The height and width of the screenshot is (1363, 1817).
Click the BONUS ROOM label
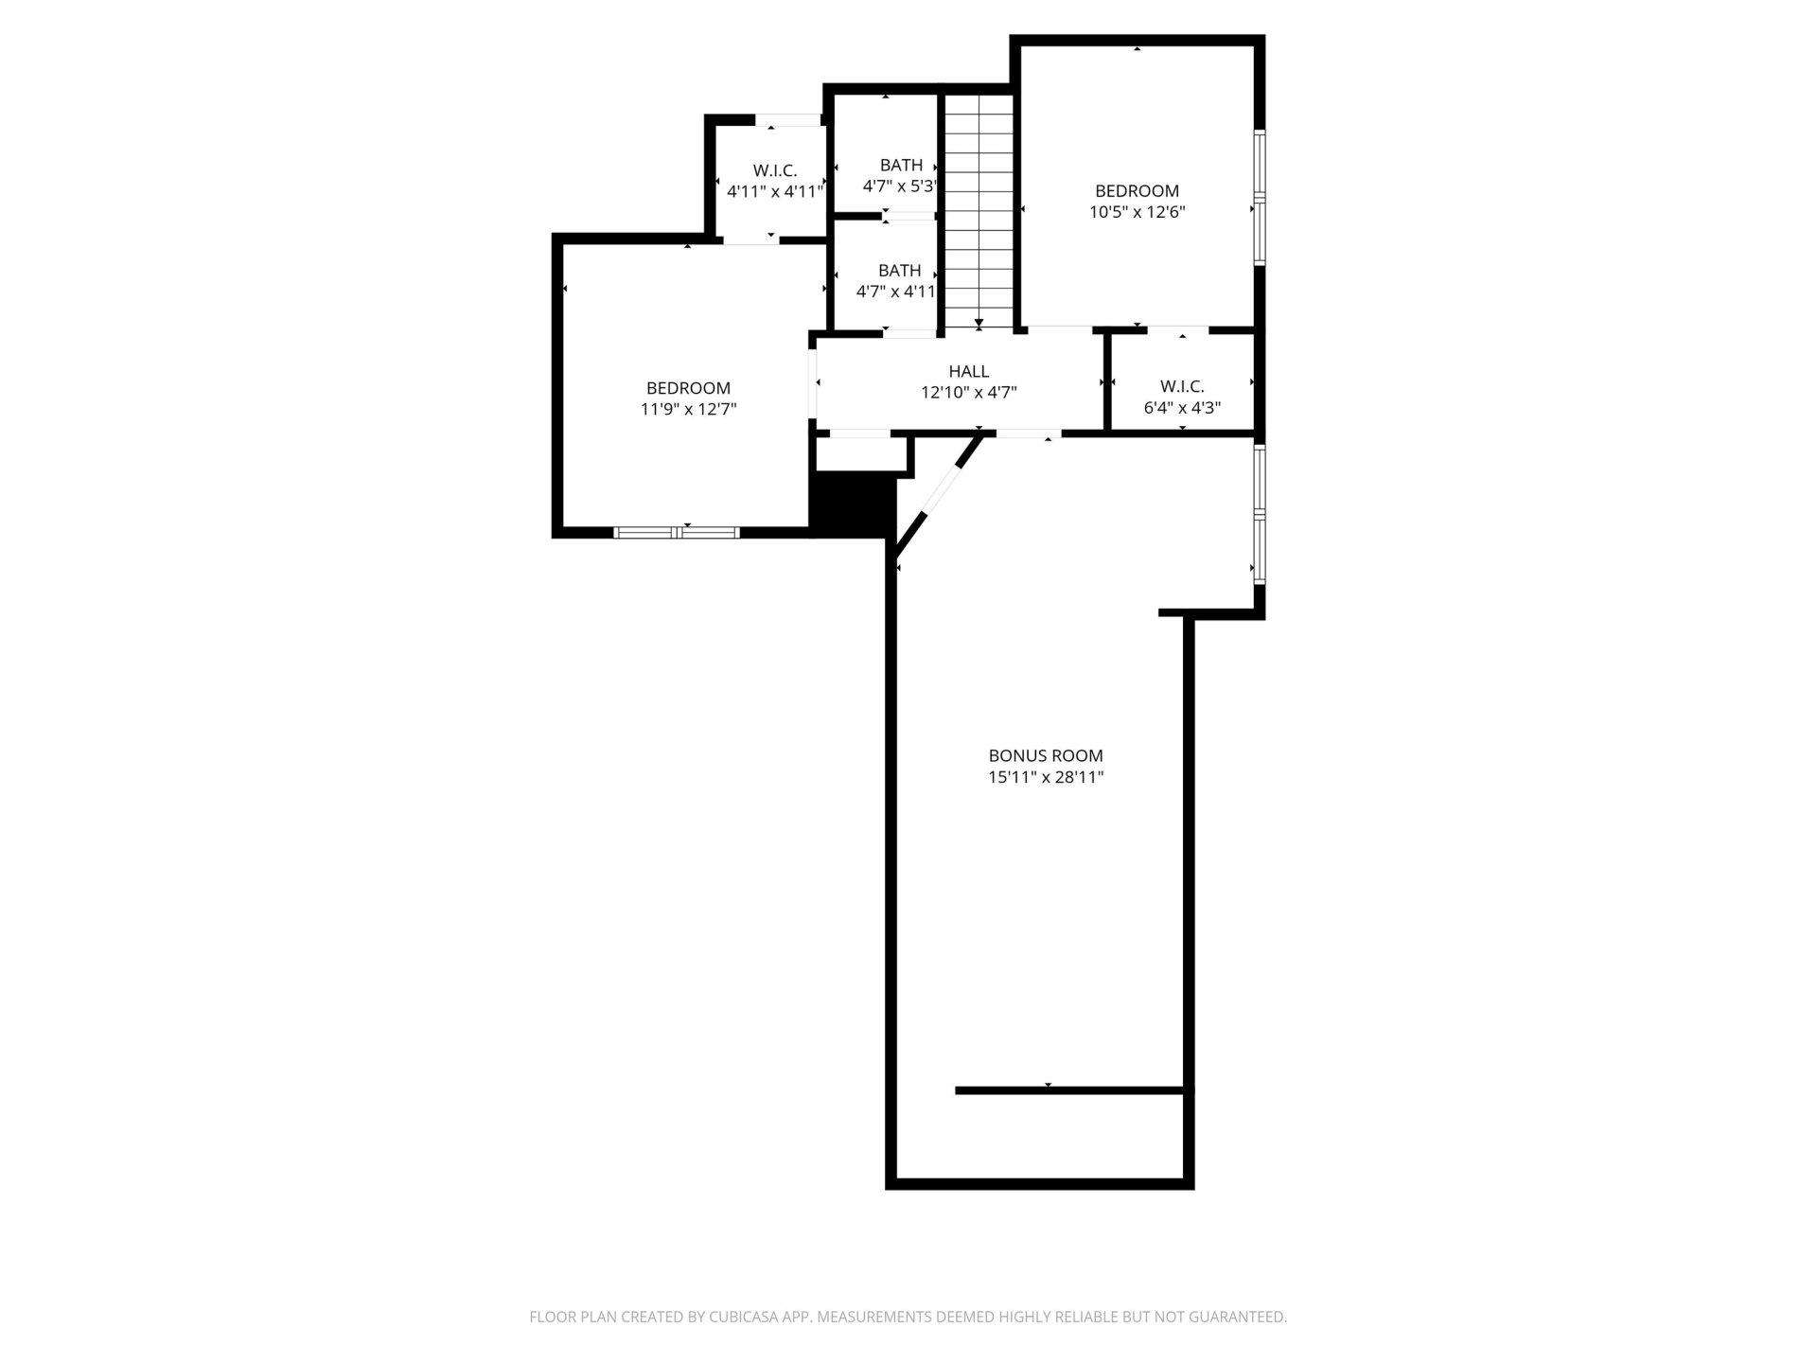[1046, 755]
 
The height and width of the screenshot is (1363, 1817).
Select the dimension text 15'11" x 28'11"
[1046, 778]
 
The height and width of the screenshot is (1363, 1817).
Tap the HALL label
[968, 372]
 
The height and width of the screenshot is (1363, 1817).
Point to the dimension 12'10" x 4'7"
[968, 393]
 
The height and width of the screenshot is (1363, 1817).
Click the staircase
[979, 211]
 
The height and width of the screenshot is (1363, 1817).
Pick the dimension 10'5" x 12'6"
[1137, 212]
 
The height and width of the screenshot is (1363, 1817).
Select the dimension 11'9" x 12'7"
[688, 409]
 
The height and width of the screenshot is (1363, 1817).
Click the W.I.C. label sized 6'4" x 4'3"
[1182, 386]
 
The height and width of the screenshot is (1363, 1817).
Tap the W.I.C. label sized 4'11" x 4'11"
[775, 170]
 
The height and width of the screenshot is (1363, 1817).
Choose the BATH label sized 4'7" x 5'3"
[901, 166]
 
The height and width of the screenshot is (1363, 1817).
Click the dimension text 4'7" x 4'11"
[896, 292]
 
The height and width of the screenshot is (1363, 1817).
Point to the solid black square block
[853, 504]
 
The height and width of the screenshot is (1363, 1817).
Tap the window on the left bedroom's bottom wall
[677, 532]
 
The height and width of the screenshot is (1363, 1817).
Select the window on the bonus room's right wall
[1260, 513]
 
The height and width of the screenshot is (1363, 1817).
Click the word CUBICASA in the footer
[744, 1317]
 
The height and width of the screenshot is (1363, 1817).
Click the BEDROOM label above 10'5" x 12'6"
[1137, 191]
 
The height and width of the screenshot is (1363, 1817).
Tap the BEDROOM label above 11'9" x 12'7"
[688, 388]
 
